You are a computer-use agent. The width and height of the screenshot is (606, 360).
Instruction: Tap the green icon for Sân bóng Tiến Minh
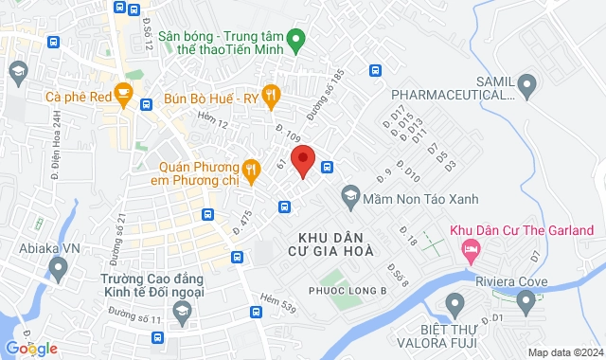tap(294, 41)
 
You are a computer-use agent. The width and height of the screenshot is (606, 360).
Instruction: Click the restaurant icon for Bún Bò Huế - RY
tap(272, 94)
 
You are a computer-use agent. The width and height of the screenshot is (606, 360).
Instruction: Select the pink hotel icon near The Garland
tap(469, 250)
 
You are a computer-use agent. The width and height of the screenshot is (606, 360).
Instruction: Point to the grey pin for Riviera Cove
tap(526, 302)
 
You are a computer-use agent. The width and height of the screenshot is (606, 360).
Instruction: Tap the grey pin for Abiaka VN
tap(58, 270)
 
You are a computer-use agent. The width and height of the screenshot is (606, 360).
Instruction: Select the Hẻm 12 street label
tap(213, 118)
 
